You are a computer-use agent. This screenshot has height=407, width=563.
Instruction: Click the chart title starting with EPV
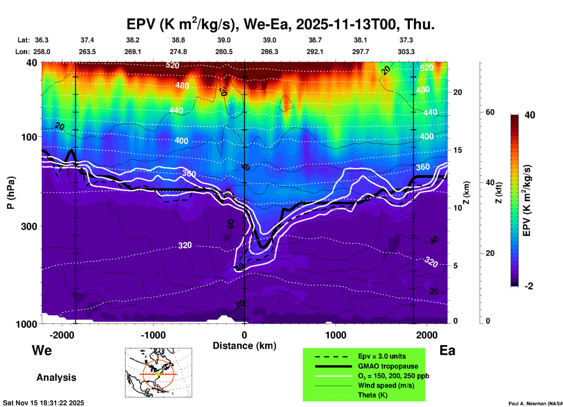(280, 24)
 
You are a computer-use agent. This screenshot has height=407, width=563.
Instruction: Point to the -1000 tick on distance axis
(153, 335)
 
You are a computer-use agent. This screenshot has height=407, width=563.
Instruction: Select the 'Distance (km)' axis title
(244, 346)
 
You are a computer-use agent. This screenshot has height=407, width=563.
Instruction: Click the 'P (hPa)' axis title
(11, 193)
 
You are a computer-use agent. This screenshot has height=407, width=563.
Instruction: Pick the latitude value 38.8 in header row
(178, 40)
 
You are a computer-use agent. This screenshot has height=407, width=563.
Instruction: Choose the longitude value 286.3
(270, 52)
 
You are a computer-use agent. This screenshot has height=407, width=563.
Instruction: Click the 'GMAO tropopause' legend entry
(388, 366)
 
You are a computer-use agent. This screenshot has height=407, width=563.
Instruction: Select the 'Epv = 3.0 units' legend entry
(382, 356)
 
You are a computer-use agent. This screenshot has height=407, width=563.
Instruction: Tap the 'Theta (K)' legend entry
(372, 395)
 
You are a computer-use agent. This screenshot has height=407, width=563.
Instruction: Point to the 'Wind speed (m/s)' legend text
(386, 385)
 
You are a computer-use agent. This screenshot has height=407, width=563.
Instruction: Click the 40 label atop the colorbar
(530, 115)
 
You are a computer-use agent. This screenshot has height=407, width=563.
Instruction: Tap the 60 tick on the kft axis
(490, 112)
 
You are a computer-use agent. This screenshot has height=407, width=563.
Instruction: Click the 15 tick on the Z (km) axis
(457, 150)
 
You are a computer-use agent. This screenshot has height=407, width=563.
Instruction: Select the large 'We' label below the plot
(42, 350)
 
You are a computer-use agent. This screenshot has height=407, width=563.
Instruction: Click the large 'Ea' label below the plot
(447, 350)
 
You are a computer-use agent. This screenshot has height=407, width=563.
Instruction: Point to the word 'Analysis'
(56, 377)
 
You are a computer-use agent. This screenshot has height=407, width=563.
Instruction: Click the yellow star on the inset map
(158, 374)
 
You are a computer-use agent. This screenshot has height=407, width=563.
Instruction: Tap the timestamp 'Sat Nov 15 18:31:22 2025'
(43, 403)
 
